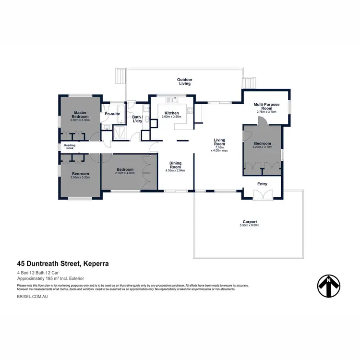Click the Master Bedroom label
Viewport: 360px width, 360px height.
80,114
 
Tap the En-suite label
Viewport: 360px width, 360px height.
112,114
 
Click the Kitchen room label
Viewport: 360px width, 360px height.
171,113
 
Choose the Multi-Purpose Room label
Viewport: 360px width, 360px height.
264,106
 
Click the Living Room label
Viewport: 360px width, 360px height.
219,142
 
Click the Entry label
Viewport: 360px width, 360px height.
262,184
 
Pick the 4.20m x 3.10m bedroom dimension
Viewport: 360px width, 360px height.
263,147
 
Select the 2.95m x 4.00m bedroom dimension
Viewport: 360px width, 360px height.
125,173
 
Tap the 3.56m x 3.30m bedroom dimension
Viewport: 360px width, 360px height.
80,177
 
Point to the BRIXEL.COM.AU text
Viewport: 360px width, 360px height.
32,298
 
